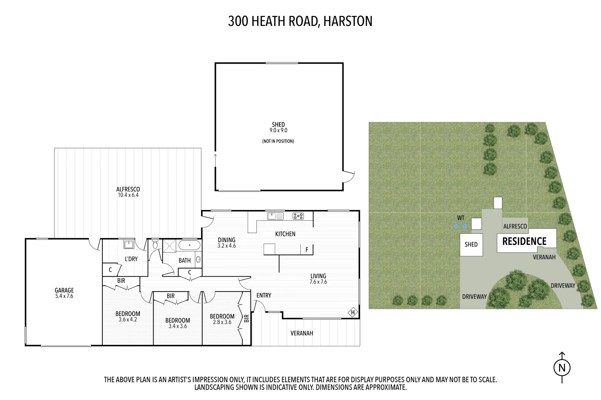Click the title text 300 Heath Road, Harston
[x=300, y=21]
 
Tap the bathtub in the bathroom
[x=189, y=246]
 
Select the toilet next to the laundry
[x=155, y=245]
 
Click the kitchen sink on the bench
[x=275, y=216]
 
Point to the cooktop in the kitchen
[x=298, y=216]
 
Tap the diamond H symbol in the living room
[x=353, y=313]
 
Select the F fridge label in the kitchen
[x=307, y=250]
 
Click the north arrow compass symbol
[x=562, y=367]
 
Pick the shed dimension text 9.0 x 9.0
[x=278, y=130]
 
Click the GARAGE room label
[x=64, y=290]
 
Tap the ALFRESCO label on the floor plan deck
[x=128, y=189]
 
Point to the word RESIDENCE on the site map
[x=524, y=241]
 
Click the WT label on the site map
[x=460, y=218]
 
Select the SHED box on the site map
[x=472, y=244]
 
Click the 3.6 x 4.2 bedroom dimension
[x=128, y=319]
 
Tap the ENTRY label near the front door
[x=264, y=295]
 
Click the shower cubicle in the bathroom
[x=170, y=246]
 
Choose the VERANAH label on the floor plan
[x=302, y=333]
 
